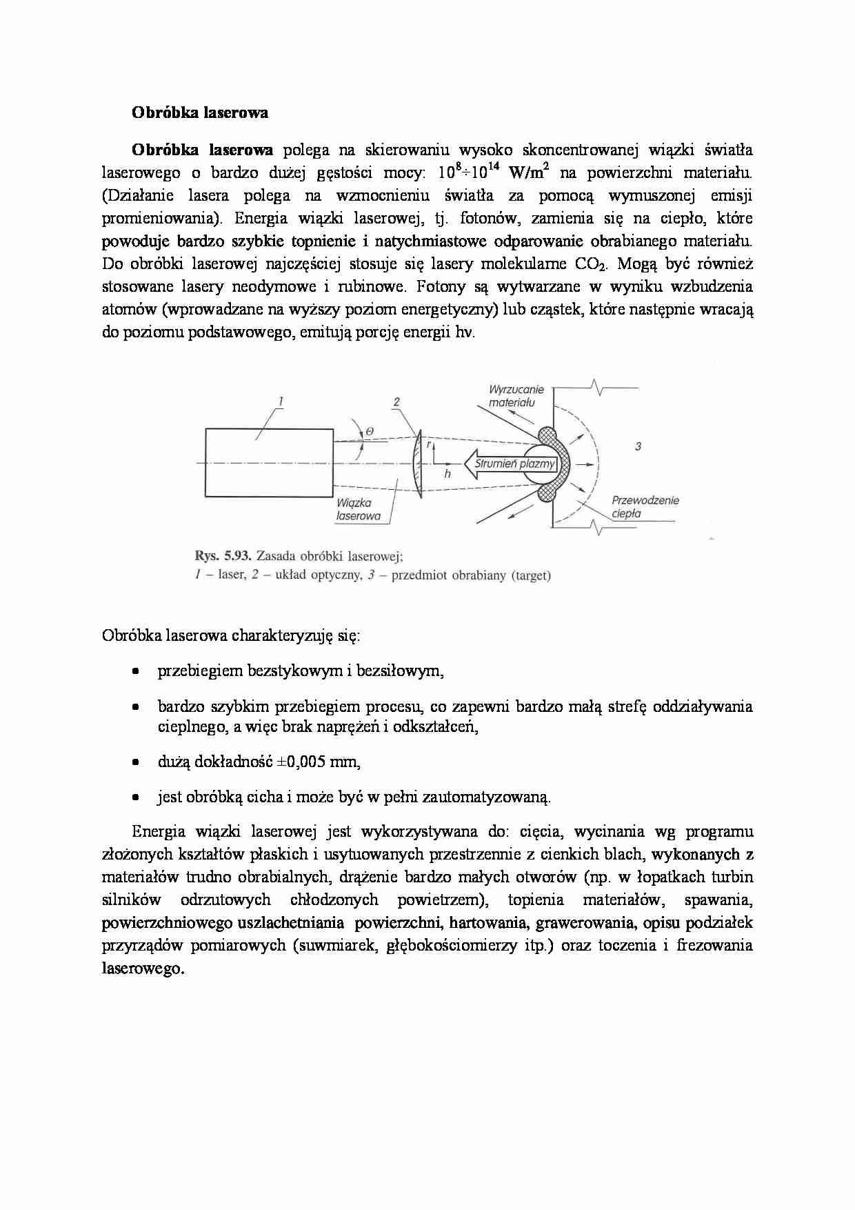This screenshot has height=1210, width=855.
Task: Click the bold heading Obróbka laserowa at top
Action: (200, 113)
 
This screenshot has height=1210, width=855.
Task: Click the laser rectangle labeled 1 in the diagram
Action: (269, 462)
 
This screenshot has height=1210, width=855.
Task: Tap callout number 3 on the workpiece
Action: (638, 446)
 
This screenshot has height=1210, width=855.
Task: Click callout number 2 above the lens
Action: (396, 401)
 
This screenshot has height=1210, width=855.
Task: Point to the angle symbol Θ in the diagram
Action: (370, 432)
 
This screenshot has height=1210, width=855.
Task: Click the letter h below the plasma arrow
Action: (447, 474)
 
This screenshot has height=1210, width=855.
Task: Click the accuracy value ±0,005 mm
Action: (318, 762)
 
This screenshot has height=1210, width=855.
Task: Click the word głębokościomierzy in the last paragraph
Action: (454, 946)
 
